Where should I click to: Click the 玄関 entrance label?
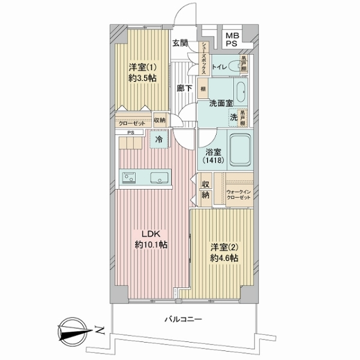tap(181, 43)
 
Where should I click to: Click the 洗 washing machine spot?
tap(233, 118)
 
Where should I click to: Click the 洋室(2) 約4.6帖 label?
tap(223, 252)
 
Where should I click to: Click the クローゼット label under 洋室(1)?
tap(133, 121)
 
